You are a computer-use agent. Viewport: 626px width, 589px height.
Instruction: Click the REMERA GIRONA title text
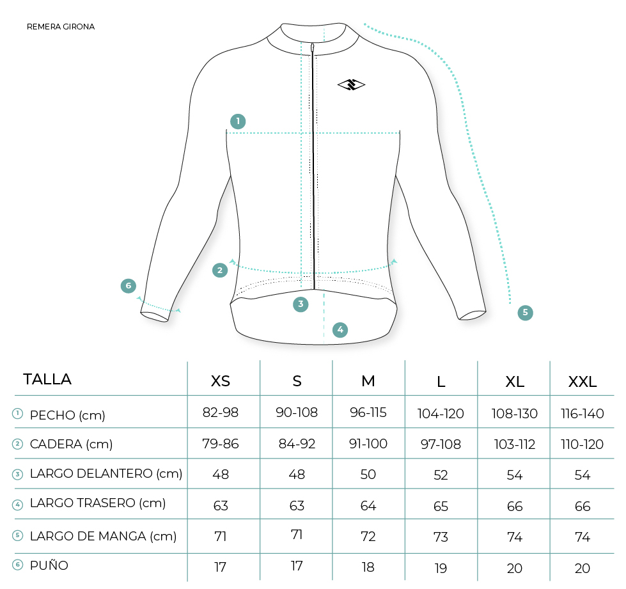pyautogui.click(x=61, y=27)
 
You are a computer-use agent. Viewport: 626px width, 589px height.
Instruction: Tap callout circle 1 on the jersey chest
pyautogui.click(x=238, y=122)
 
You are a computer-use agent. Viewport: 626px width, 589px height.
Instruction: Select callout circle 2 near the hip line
pyautogui.click(x=220, y=271)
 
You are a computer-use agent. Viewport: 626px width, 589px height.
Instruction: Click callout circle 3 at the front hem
pyautogui.click(x=301, y=304)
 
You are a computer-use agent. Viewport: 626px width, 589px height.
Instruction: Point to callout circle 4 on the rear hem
pyautogui.click(x=340, y=330)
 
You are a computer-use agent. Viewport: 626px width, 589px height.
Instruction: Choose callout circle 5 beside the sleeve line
pyautogui.click(x=526, y=312)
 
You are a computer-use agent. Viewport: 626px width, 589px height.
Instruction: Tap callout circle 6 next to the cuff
pyautogui.click(x=129, y=286)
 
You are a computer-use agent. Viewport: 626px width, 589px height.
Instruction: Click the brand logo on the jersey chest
pyautogui.click(x=351, y=84)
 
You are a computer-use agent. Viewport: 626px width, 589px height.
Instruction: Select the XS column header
pyautogui.click(x=221, y=381)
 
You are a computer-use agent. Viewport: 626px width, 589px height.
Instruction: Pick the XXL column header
pyautogui.click(x=583, y=382)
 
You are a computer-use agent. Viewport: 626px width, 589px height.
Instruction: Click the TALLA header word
pyautogui.click(x=47, y=379)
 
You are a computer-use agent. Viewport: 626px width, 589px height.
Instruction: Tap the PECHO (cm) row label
pyautogui.click(x=68, y=415)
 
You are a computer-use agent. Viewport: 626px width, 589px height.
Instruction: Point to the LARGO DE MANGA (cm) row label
pyautogui.click(x=104, y=537)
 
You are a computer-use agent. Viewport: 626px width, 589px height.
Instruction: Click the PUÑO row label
pyautogui.click(x=49, y=565)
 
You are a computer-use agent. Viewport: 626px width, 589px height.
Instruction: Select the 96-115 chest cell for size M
pyautogui.click(x=368, y=412)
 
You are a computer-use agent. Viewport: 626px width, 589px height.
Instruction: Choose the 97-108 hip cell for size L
pyautogui.click(x=441, y=444)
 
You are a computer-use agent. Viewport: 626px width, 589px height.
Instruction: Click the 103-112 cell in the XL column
pyautogui.click(x=515, y=444)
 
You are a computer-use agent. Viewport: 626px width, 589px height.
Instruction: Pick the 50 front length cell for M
pyautogui.click(x=368, y=475)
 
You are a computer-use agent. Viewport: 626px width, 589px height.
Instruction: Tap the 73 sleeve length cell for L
pyautogui.click(x=441, y=537)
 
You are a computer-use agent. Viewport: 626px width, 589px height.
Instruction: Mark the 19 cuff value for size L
pyautogui.click(x=441, y=569)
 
